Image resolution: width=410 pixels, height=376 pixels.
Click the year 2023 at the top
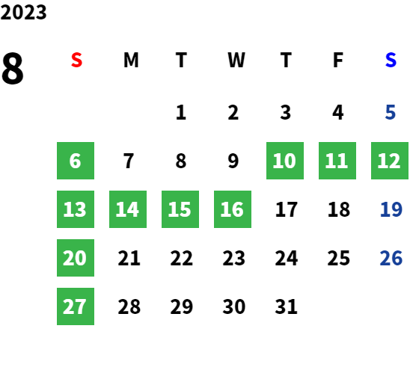(23, 12)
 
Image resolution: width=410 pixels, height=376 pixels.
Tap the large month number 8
(13, 68)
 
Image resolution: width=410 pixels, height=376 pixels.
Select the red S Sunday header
(76, 60)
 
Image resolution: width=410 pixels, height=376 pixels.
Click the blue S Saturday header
(391, 60)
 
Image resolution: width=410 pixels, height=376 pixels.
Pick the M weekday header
(131, 60)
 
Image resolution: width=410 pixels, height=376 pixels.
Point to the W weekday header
(236, 60)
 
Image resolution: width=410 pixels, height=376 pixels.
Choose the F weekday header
(338, 60)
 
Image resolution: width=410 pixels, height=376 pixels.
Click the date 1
(181, 112)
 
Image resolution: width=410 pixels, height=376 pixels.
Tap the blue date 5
(390, 112)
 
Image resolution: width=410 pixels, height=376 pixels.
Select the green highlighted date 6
(76, 161)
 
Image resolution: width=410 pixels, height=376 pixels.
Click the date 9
(233, 161)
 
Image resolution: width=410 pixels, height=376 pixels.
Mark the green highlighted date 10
(285, 161)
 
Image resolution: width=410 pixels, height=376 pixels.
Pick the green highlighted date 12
(390, 161)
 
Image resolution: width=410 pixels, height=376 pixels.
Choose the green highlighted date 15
(180, 209)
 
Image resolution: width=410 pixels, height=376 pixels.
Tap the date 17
(287, 209)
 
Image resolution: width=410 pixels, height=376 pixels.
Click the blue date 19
(391, 209)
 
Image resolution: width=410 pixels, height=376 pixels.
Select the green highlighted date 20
(76, 258)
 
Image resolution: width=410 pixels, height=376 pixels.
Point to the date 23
(233, 258)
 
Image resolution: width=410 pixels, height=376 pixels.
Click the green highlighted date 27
(76, 306)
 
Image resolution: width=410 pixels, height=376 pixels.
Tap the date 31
(286, 306)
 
